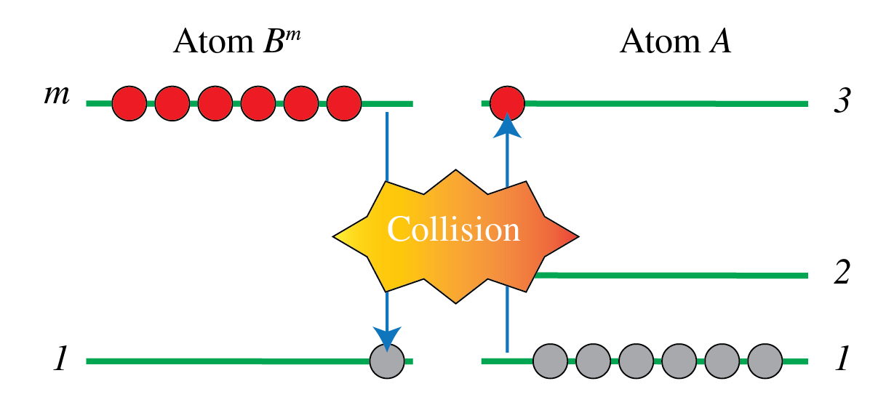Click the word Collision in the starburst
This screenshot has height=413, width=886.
tap(453, 230)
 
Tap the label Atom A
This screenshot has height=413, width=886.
tap(675, 43)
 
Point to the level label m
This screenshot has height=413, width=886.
tap(56, 95)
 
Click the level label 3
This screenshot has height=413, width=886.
tap(842, 103)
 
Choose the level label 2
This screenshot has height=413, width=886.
tap(842, 275)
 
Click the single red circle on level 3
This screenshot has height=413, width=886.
tap(508, 103)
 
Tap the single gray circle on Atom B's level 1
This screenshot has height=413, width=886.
tap(387, 360)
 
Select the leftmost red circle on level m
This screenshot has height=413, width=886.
tap(129, 103)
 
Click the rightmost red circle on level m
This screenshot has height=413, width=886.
tap(344, 103)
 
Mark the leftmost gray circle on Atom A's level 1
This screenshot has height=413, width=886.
tap(551, 360)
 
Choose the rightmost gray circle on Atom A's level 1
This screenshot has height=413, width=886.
tap(765, 360)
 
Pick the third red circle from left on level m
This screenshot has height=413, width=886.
tap(215, 103)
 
